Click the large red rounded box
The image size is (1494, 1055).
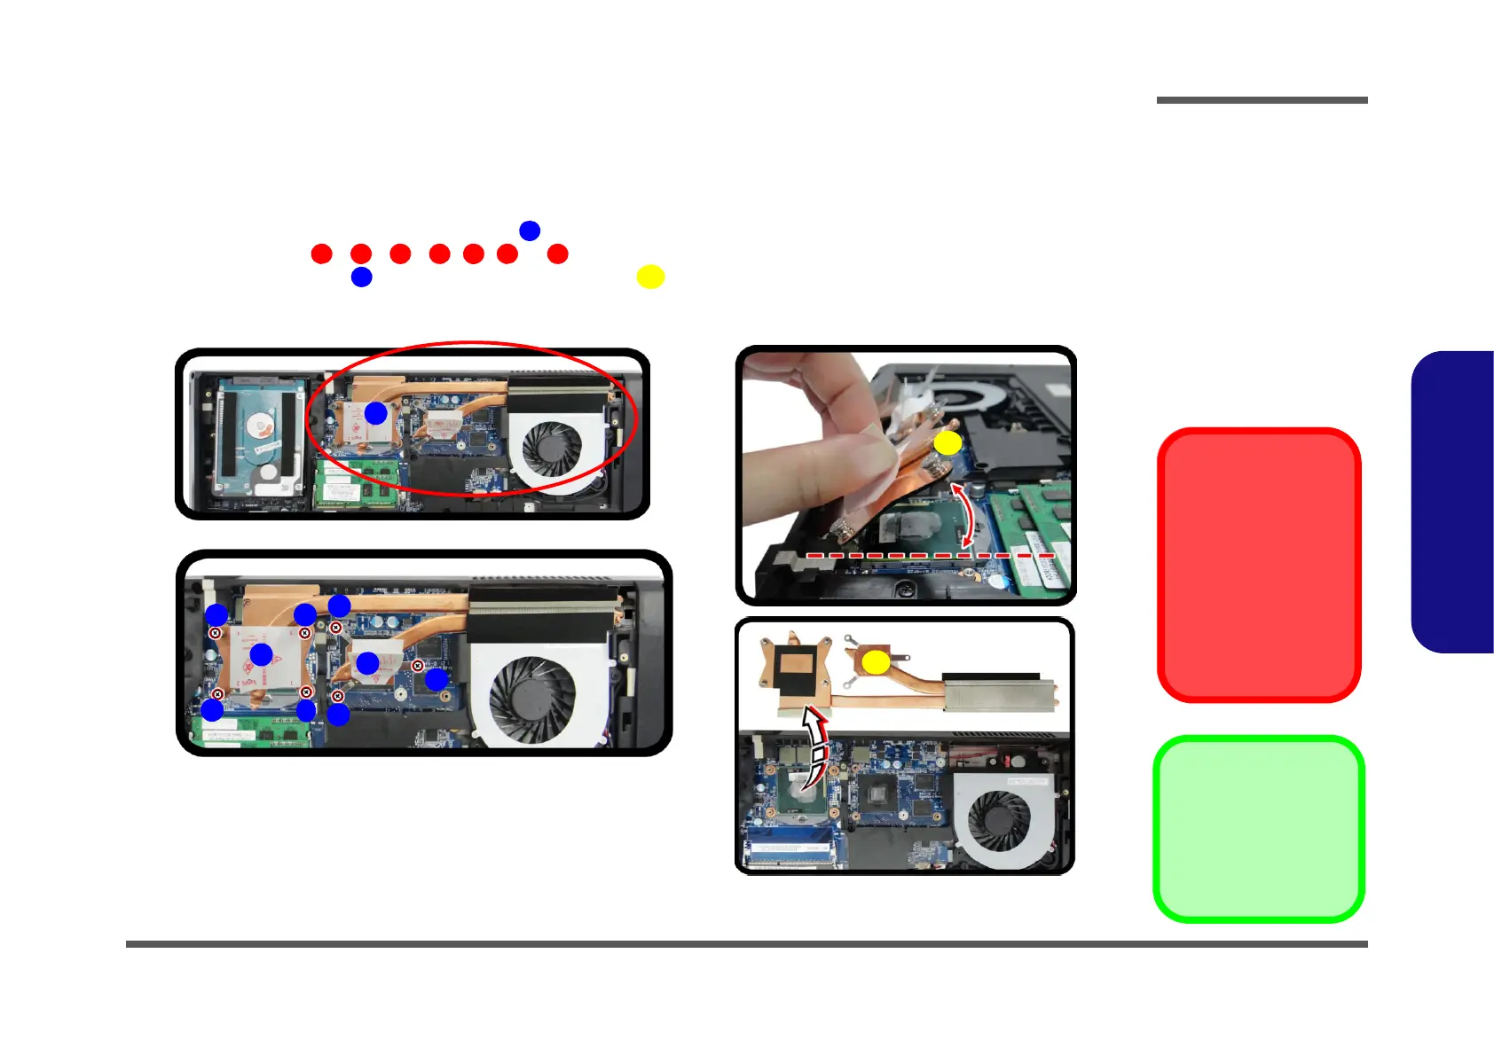point(1258,565)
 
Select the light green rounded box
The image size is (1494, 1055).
point(1258,828)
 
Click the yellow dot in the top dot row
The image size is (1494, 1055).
point(650,277)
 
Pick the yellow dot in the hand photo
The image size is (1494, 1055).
point(948,442)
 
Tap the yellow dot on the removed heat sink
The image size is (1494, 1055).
point(876,661)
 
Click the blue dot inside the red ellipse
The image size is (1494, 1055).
point(376,413)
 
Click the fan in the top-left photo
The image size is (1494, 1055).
point(552,449)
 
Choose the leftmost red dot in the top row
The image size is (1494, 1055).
point(321,254)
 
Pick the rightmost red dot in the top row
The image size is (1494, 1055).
point(557,254)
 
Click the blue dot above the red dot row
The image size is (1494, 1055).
point(530,231)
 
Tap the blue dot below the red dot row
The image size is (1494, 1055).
point(361,277)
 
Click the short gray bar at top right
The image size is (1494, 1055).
point(1262,100)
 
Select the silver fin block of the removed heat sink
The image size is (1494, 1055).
point(999,692)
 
